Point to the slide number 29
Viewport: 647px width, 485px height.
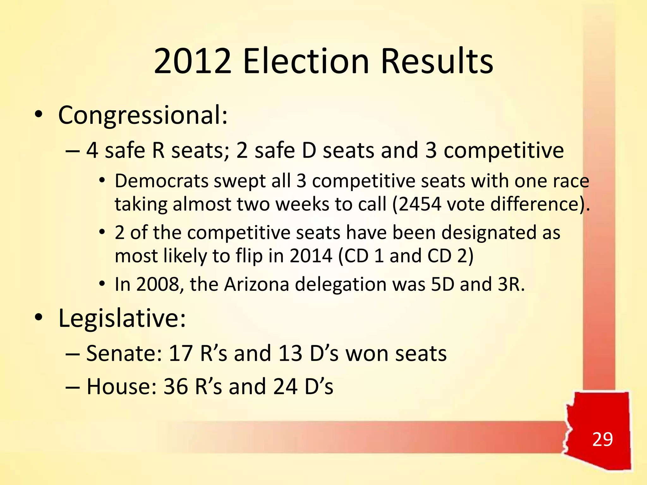(602, 439)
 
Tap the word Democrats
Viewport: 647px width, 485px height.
(161, 181)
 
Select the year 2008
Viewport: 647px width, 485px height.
(157, 284)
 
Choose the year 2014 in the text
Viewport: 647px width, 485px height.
(311, 256)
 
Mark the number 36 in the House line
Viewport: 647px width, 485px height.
(176, 386)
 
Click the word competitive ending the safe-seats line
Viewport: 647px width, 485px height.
(504, 151)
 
